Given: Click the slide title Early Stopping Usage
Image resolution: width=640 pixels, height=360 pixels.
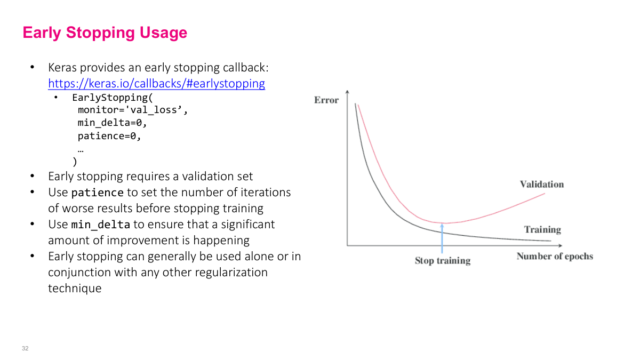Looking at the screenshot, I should pos(105,33).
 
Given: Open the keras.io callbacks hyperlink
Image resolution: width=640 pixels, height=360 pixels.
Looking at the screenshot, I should pos(156,84).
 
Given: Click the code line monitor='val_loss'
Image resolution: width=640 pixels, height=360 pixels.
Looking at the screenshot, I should pos(133,110).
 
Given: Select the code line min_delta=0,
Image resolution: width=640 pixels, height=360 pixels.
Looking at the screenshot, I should pos(112,123).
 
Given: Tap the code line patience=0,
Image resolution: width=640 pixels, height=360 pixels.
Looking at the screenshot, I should pos(109,136).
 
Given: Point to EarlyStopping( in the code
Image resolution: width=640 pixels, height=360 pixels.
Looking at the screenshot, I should pos(113,98).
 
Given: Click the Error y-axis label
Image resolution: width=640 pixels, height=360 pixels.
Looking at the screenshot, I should pos(326,100).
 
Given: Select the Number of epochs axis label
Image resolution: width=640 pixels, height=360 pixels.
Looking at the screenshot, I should pos(554,257).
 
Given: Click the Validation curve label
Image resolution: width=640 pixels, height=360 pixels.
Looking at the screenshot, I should pos(541,185).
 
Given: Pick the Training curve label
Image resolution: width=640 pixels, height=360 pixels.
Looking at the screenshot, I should pos(542,230).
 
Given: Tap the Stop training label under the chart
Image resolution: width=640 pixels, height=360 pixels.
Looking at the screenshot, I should pos(442,261).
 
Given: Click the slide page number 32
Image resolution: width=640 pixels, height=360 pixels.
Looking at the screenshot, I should pos(25,349).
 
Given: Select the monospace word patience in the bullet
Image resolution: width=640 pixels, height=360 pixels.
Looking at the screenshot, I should pos(98,193).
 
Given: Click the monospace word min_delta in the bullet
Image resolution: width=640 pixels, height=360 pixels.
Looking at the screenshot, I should pos(101,225).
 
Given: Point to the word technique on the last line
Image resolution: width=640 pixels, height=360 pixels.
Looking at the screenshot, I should pos(75,289).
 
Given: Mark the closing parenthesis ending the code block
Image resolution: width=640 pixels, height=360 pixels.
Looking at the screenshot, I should pos(75,161).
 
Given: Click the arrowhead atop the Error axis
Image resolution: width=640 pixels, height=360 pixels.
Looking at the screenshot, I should pos(347,92).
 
